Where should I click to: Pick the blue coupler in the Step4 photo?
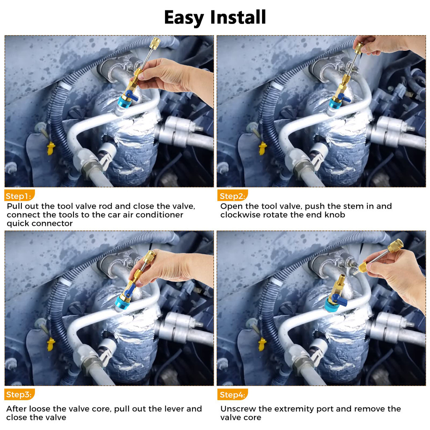(332, 303)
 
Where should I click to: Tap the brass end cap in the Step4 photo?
(395, 245)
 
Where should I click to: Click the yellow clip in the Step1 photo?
(51, 148)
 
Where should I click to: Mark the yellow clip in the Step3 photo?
(51, 344)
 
